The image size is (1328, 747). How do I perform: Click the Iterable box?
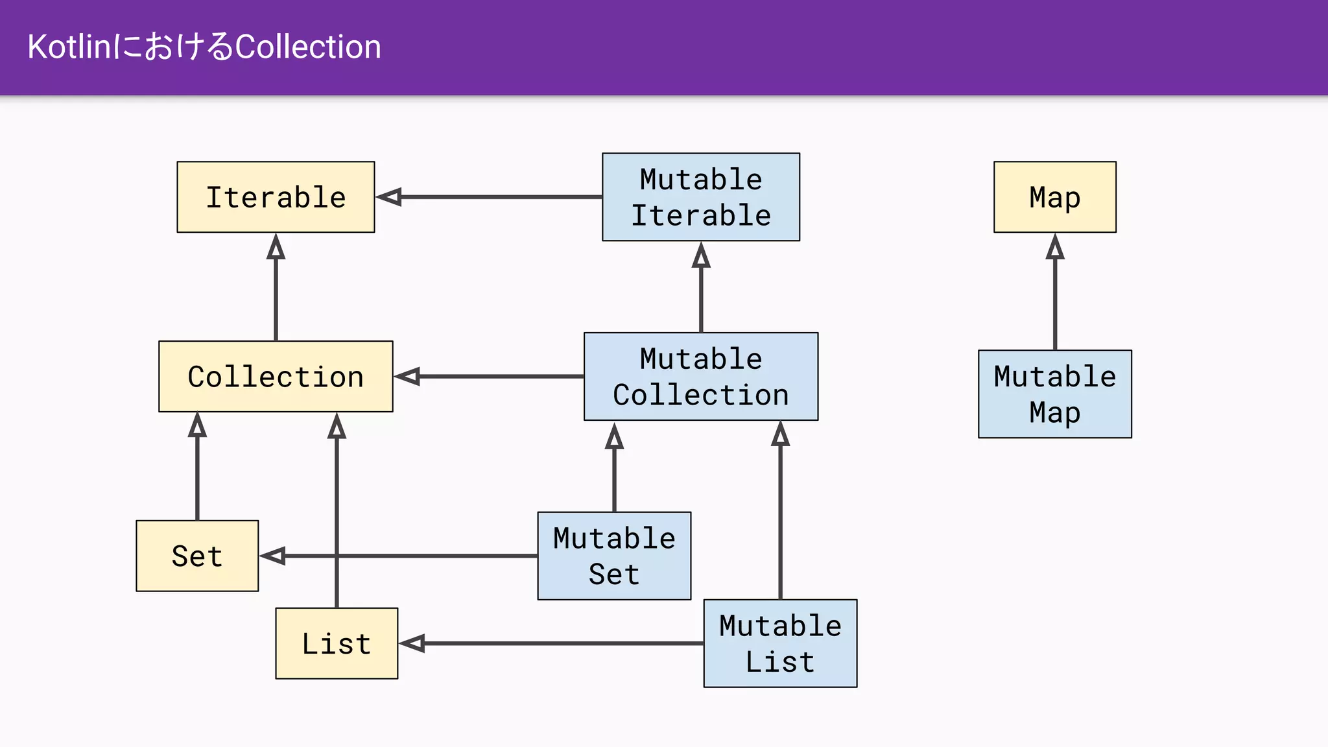276,197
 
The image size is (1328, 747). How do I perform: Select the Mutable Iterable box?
700,197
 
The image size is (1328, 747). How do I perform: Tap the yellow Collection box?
276,377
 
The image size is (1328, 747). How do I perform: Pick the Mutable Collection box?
700,377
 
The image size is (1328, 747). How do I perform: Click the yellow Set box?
197,556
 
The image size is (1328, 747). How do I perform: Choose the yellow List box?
337,643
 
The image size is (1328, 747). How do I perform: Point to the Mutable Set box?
614,556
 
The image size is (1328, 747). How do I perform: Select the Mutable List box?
780,643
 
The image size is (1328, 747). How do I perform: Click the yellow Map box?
1054,197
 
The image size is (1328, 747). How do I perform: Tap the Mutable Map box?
1054,394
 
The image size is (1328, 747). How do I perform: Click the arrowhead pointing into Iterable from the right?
390,197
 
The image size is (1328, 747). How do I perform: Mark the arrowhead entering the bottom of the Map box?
1055,247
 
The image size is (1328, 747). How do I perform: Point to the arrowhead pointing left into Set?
273,556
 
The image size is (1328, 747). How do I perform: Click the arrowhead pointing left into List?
412,643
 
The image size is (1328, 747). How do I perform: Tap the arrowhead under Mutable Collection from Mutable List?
780,434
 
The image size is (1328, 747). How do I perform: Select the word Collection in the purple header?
307,47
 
